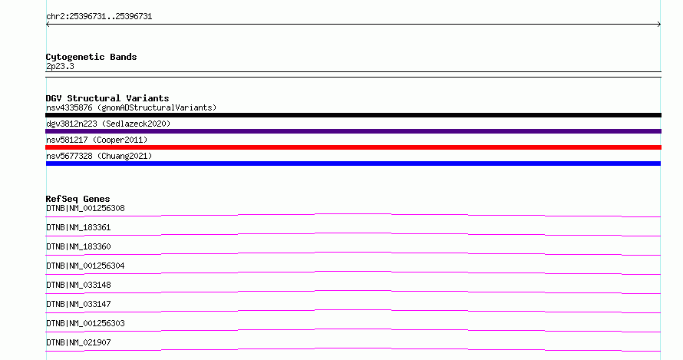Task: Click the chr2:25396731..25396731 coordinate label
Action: [99, 17]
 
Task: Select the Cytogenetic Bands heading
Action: [91, 57]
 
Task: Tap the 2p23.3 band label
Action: [60, 66]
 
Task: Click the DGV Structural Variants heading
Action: [107, 98]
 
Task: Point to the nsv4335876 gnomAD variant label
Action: [131, 107]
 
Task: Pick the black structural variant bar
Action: [353, 115]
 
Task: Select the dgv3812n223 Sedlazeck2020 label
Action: [108, 124]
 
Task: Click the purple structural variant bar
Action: [353, 131]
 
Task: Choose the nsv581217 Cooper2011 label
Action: [97, 140]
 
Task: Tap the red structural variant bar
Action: [353, 147]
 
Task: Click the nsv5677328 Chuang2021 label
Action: [99, 156]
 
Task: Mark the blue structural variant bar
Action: [353, 163]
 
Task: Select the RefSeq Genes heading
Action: [78, 199]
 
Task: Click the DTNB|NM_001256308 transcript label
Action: [85, 208]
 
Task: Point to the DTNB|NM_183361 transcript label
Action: [78, 227]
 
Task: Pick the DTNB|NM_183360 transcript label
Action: [78, 246]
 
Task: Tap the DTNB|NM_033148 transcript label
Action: [78, 285]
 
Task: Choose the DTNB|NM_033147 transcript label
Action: [78, 304]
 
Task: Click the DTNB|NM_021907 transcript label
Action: [78, 342]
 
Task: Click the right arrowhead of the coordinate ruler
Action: [660, 25]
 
